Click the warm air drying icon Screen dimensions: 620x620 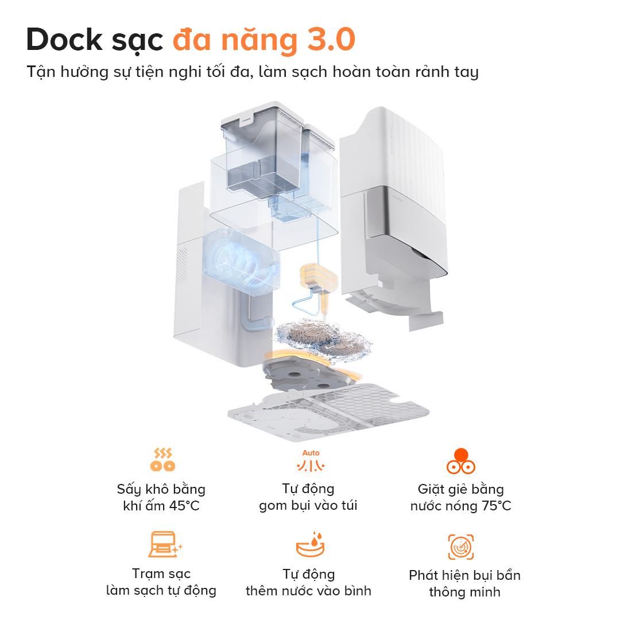point(161,460)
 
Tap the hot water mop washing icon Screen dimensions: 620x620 point(460,460)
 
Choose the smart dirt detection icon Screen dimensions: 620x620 point(460,547)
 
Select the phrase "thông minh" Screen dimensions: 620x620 point(464,592)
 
